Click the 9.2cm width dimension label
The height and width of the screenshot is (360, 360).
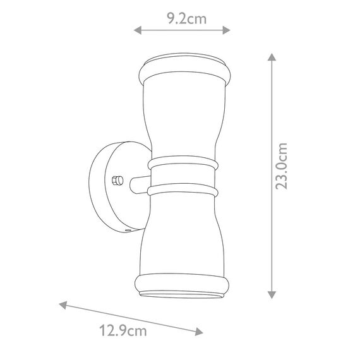pos(186,19)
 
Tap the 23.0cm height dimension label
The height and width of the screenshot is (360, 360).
pos(282,166)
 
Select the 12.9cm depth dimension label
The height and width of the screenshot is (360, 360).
pos(123,331)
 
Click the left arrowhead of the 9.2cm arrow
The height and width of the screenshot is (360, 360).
pos(138,30)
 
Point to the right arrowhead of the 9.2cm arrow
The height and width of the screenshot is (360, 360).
pos(226,30)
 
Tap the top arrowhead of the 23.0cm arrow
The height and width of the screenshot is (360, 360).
pos(272,57)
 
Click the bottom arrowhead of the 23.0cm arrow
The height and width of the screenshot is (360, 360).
pos(272,295)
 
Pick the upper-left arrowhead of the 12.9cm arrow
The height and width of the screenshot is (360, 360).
pos(63,305)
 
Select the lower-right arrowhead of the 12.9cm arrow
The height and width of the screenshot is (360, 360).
pos(199,332)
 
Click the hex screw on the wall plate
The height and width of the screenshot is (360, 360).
pos(117,181)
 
